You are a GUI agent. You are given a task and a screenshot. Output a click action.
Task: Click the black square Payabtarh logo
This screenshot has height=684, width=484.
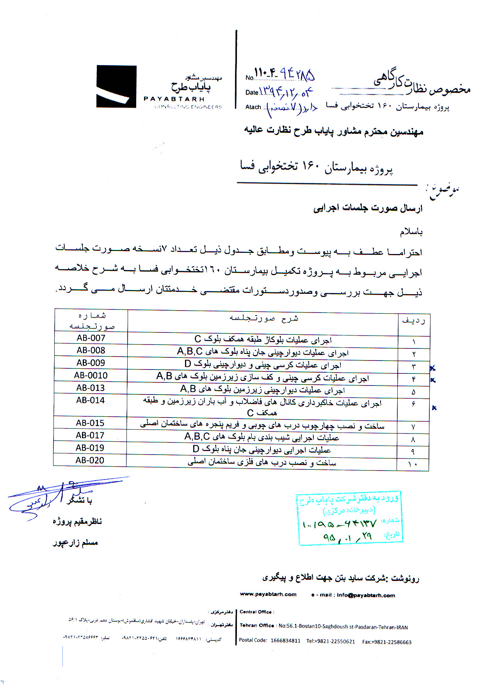coord(116,86)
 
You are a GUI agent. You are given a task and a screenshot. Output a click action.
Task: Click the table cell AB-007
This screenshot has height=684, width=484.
coord(91,338)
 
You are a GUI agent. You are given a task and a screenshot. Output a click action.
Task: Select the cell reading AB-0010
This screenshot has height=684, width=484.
coord(91,375)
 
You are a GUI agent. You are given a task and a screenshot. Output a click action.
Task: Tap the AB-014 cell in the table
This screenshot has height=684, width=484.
coord(91,400)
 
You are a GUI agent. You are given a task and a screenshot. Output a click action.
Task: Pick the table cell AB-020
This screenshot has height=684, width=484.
coord(90,460)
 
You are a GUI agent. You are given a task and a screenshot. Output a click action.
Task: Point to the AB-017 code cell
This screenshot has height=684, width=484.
coord(90,435)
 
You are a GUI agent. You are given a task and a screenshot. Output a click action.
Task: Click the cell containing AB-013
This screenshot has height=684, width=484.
coord(91,388)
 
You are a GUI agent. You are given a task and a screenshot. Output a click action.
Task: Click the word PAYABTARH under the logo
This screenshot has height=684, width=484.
coord(174,99)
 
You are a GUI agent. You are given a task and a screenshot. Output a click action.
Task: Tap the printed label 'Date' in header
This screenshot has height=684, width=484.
coord(252,92)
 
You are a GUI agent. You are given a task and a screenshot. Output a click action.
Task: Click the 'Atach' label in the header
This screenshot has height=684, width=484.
coord(253,107)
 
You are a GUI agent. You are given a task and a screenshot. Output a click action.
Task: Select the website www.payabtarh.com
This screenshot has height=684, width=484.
coord(268,594)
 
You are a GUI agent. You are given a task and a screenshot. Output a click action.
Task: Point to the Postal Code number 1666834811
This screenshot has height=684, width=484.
coord(285,641)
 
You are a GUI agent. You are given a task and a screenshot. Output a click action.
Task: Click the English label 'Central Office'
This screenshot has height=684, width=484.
coord(256,612)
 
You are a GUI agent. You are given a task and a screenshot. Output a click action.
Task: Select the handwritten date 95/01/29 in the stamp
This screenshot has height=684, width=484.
coord(347,537)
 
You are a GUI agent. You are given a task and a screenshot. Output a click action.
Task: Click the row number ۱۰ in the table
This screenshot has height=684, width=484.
coord(413,464)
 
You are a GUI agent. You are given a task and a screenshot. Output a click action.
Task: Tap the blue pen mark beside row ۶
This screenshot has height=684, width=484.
coord(434,408)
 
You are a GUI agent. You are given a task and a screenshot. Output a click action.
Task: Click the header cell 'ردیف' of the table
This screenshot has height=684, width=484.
coord(413,321)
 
